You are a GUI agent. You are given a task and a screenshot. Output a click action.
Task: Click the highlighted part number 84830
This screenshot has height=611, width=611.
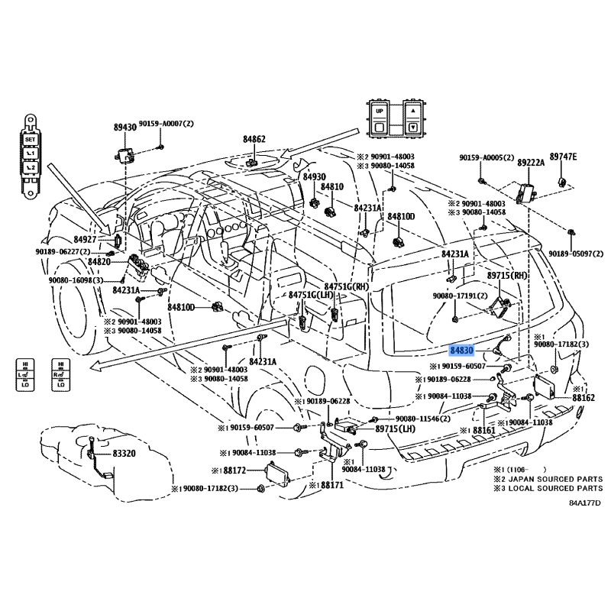[x=462, y=350]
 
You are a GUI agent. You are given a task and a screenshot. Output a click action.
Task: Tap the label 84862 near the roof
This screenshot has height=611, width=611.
[x=254, y=140]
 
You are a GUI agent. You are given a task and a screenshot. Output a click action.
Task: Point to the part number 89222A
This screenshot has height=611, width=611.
[x=531, y=163]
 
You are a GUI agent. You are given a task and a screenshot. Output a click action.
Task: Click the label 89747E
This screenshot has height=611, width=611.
[x=564, y=157]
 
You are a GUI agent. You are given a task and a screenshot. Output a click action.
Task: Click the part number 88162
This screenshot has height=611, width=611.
[x=583, y=398]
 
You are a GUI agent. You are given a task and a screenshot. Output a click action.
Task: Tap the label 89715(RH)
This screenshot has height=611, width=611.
[x=508, y=274]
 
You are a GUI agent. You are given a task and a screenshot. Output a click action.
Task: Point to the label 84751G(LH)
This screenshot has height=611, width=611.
[x=312, y=295]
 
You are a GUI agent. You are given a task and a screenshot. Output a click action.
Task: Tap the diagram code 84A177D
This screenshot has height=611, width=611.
[x=584, y=503]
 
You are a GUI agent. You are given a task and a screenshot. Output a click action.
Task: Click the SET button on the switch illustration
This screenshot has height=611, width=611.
[x=30, y=141]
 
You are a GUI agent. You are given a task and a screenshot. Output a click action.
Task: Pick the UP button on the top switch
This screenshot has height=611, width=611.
[x=380, y=111]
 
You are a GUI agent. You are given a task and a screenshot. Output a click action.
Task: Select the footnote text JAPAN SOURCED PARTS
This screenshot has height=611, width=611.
[x=554, y=479]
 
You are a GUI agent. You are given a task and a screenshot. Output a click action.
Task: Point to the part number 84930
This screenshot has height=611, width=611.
[x=314, y=176]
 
